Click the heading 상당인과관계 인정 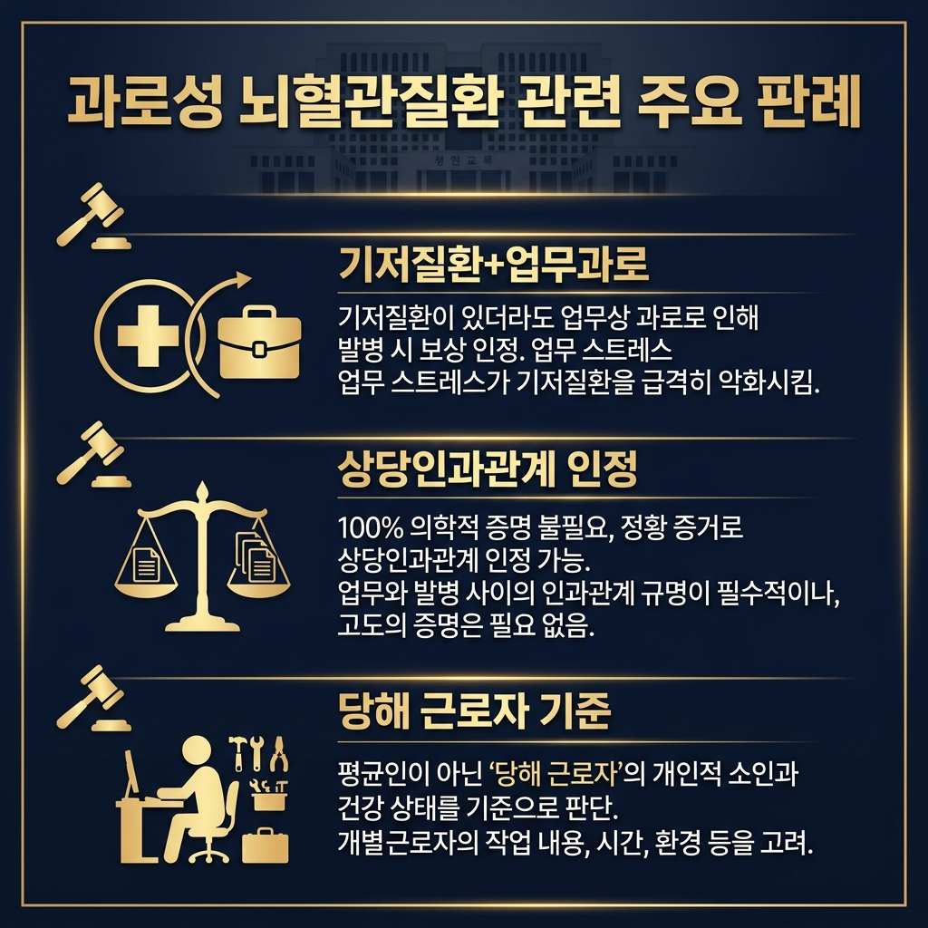(x=487, y=469)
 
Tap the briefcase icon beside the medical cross (x=259, y=343)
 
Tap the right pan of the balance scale (x=260, y=570)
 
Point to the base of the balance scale (x=202, y=623)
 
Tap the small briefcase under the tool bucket (x=266, y=846)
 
